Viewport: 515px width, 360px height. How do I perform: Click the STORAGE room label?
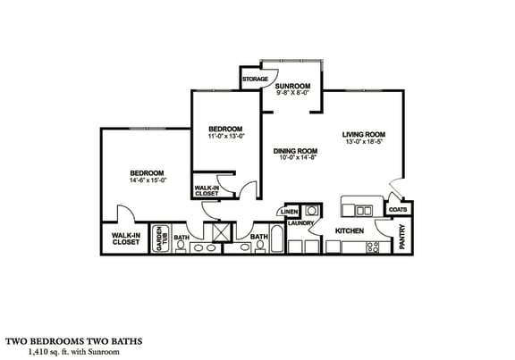pyautogui.click(x=255, y=79)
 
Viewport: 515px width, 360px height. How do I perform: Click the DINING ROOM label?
pyautogui.click(x=296, y=151)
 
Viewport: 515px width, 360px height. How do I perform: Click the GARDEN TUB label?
pyautogui.click(x=161, y=239)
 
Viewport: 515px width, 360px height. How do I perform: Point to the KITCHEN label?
pyautogui.click(x=349, y=230)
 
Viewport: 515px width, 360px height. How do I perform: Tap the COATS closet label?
pyautogui.click(x=399, y=210)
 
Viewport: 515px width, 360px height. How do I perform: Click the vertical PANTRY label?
pyautogui.click(x=403, y=237)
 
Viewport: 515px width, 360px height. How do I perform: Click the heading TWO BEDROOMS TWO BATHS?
pyautogui.click(x=74, y=340)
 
